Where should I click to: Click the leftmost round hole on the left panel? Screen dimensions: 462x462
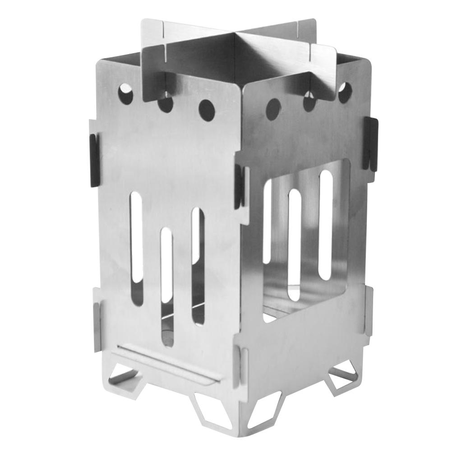click(125, 94)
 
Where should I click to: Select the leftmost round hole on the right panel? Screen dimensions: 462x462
click(273, 109)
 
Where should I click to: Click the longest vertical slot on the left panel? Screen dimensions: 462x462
click(137, 248)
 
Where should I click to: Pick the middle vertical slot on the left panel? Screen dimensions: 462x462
click(166, 285)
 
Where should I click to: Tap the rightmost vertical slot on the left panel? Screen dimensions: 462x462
click(198, 266)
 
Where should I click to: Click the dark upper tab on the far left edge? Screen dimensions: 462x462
click(94, 160)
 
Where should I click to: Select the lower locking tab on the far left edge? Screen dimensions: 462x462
click(97, 319)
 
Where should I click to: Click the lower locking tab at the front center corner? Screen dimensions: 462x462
click(242, 365)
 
